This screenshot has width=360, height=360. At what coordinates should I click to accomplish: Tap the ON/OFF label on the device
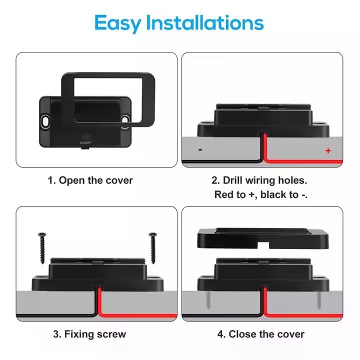pyautogui.click(x=85, y=142)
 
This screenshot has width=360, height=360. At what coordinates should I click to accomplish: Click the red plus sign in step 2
pyautogui.click(x=328, y=150)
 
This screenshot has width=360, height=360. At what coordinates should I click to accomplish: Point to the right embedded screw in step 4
pyautogui.click(x=318, y=300)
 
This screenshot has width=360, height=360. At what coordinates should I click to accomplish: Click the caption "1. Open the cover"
pyautogui.click(x=90, y=180)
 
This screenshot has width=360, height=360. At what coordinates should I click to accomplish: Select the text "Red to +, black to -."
pyautogui.click(x=261, y=194)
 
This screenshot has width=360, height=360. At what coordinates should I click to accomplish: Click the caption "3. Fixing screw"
pyautogui.click(x=90, y=334)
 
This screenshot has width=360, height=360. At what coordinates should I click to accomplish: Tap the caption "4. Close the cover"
pyautogui.click(x=260, y=334)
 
